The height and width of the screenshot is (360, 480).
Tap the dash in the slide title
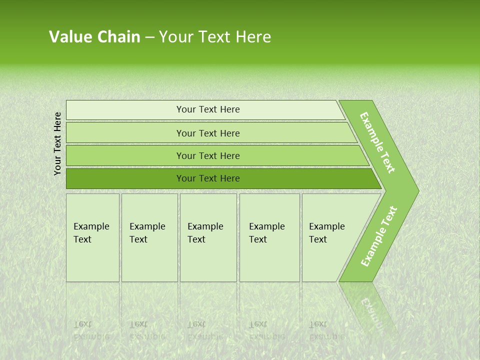(x=149, y=37)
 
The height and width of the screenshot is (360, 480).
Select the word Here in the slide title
(x=253, y=37)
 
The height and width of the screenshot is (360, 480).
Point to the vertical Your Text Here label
(x=57, y=143)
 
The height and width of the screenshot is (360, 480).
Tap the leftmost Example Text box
(x=92, y=237)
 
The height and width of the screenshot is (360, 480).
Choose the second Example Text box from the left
(x=149, y=237)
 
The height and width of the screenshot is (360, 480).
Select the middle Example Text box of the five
(x=208, y=237)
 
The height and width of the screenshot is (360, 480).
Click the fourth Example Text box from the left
(x=269, y=237)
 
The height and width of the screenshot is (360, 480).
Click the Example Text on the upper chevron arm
(x=378, y=142)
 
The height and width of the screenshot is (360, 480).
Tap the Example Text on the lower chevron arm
(x=379, y=236)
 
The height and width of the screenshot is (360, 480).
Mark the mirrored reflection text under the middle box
(x=205, y=330)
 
